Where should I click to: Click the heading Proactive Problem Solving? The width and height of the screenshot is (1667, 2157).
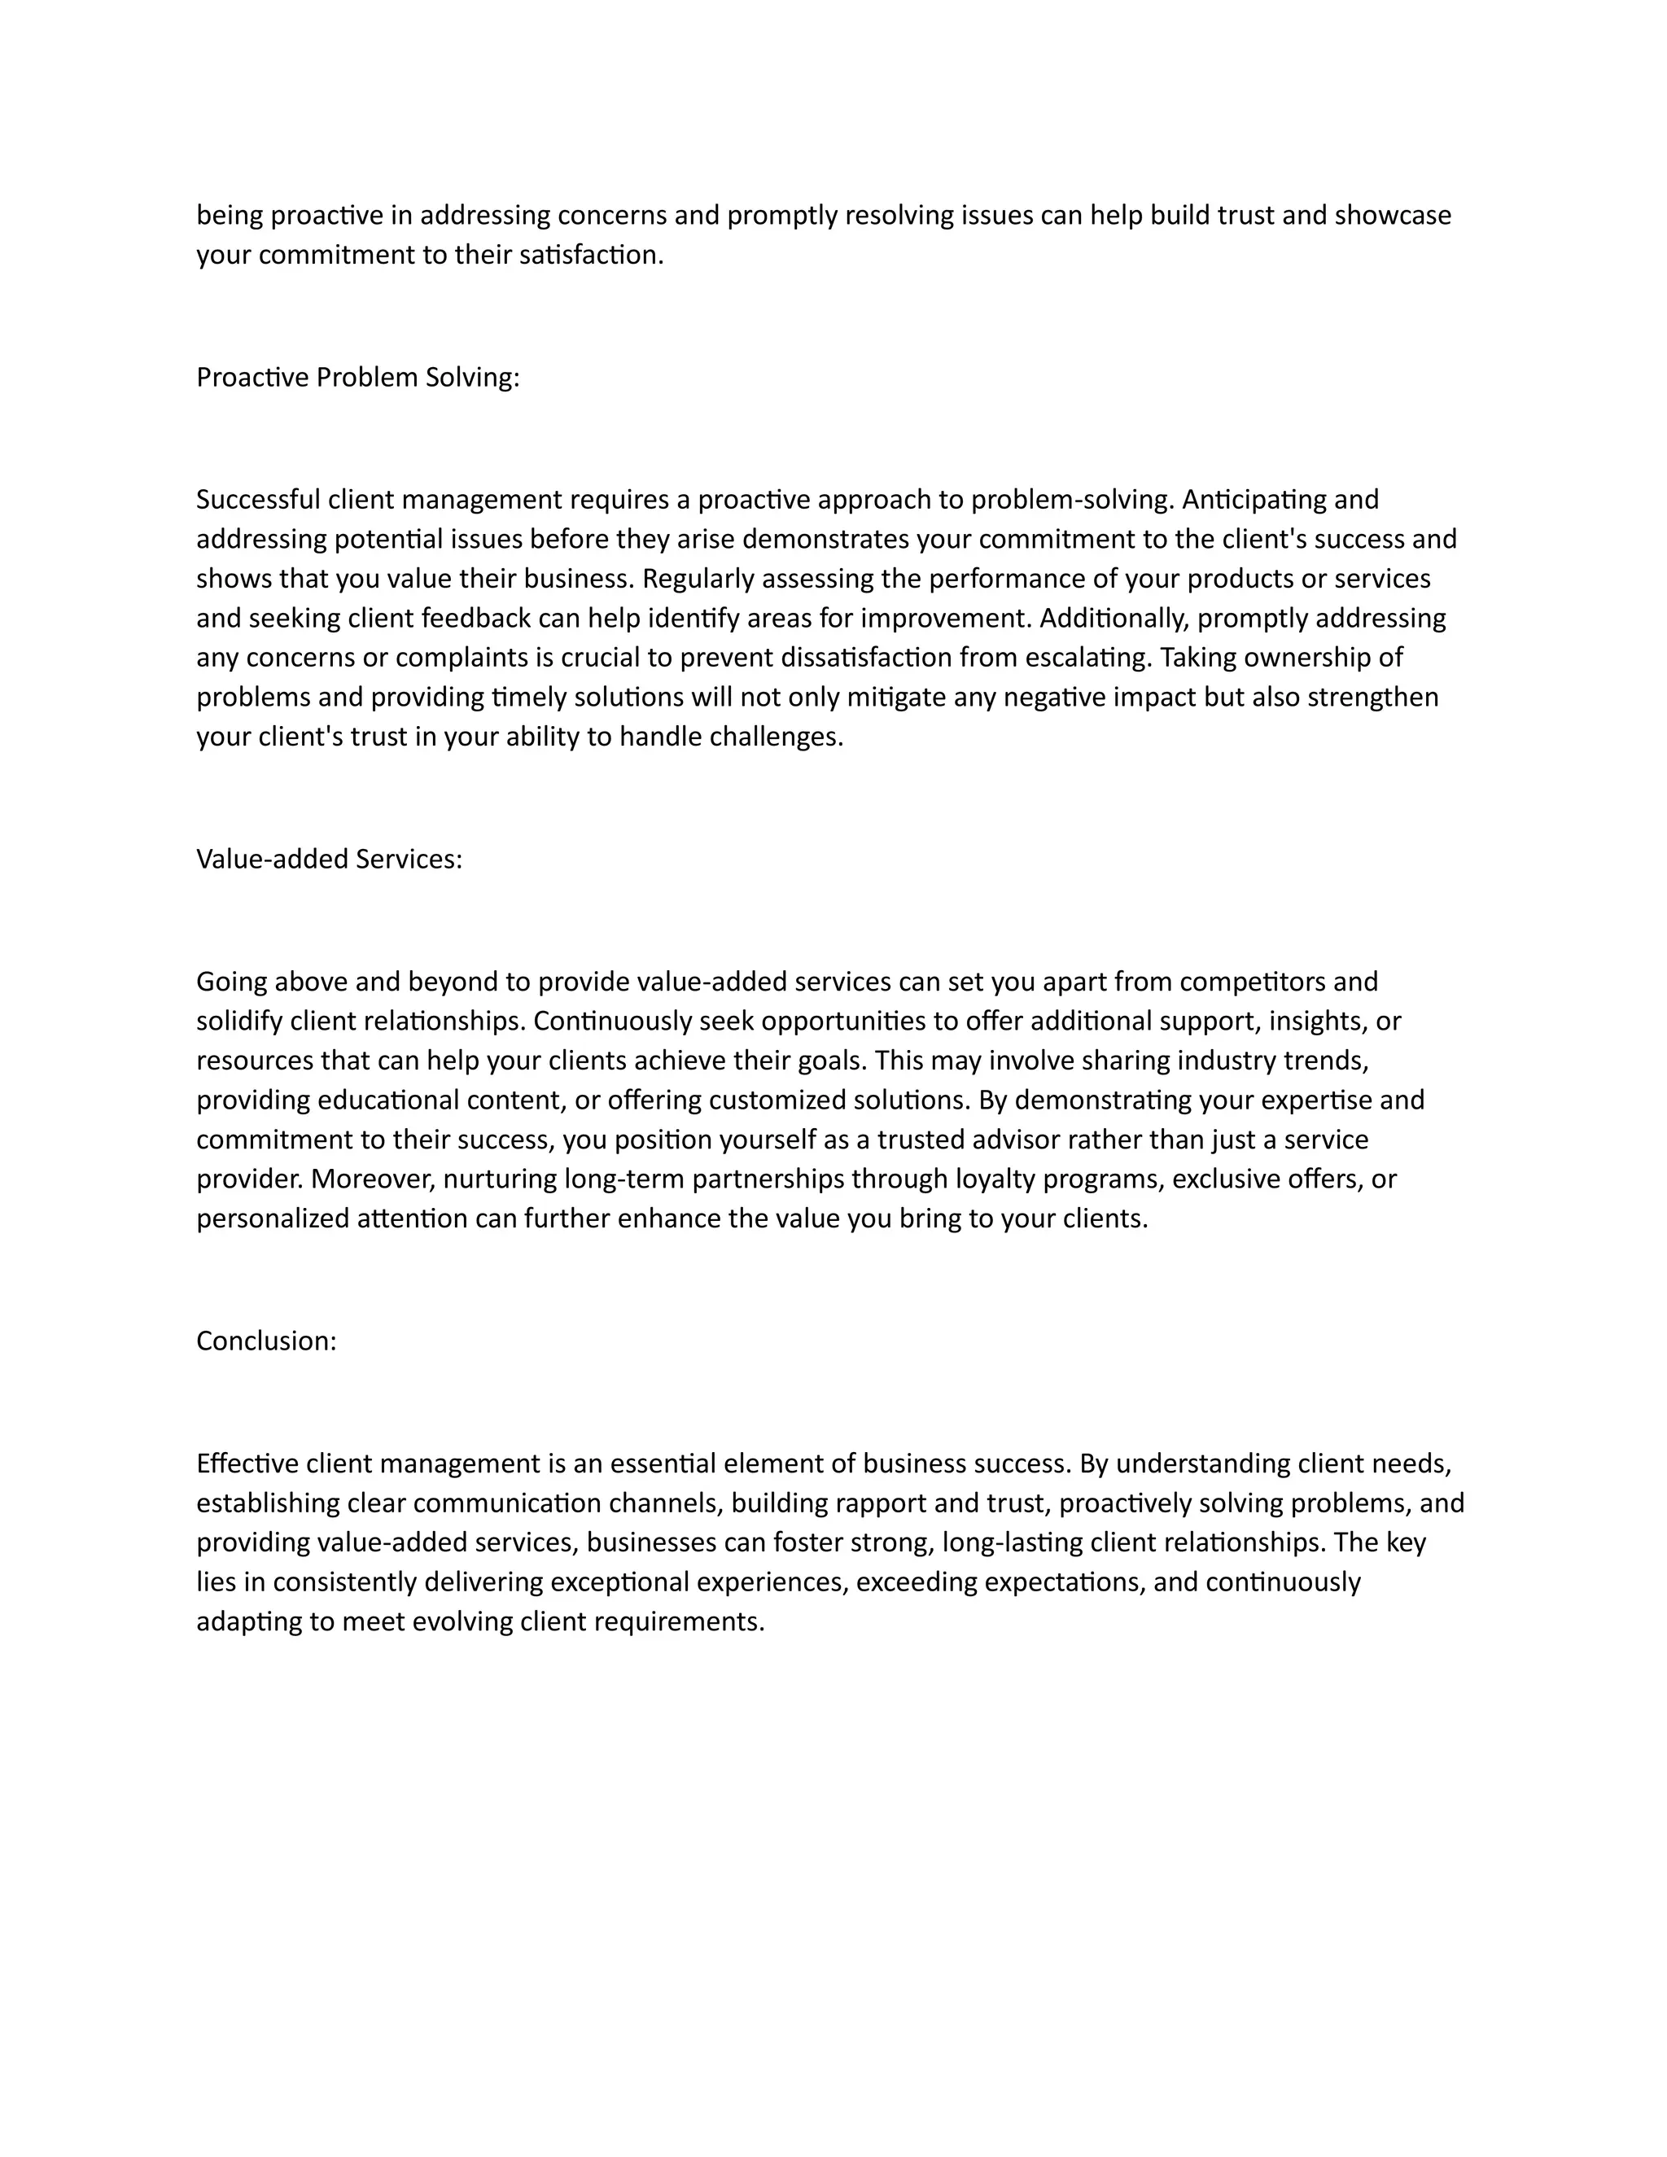coord(357,378)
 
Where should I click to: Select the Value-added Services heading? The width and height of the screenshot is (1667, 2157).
coord(329,860)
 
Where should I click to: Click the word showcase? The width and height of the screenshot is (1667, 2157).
coord(1393,216)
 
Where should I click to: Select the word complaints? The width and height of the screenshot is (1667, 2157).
coord(449,658)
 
